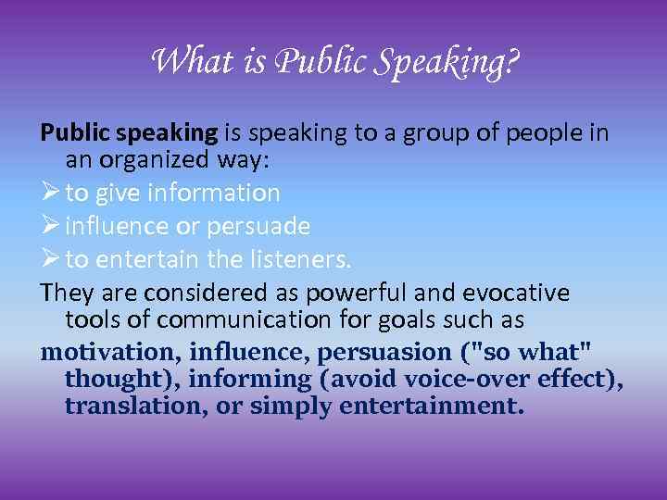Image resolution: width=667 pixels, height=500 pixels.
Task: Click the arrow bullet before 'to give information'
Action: (49, 193)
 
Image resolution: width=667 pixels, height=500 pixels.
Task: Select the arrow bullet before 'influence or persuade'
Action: (49, 226)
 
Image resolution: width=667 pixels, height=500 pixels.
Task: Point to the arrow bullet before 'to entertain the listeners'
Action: (49, 259)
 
